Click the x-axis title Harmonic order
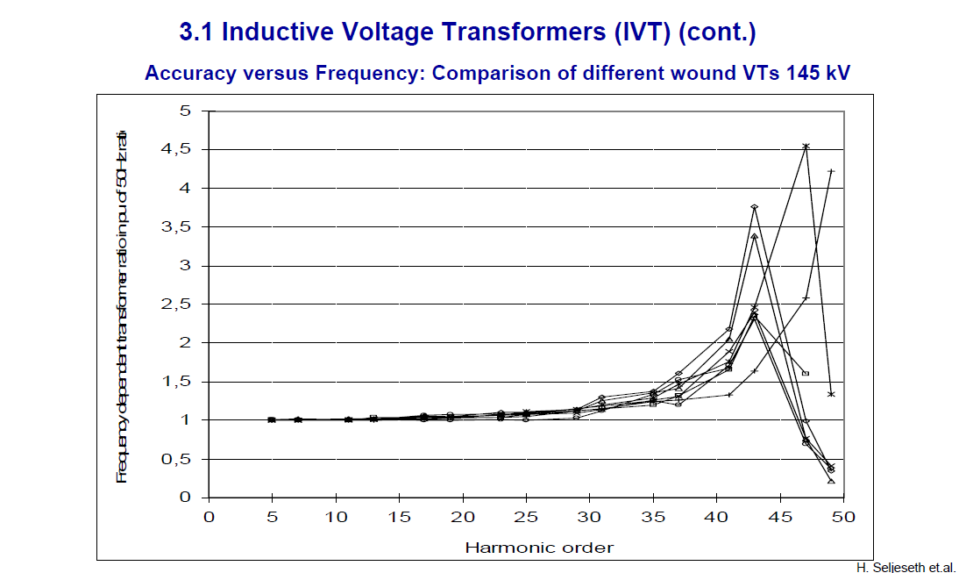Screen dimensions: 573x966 point(538,548)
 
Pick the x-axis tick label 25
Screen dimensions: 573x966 point(526,517)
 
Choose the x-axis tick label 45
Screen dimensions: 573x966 point(780,517)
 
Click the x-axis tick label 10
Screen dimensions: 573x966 point(335,517)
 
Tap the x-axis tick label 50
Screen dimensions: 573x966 point(843,517)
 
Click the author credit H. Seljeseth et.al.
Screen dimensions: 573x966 point(906,567)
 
